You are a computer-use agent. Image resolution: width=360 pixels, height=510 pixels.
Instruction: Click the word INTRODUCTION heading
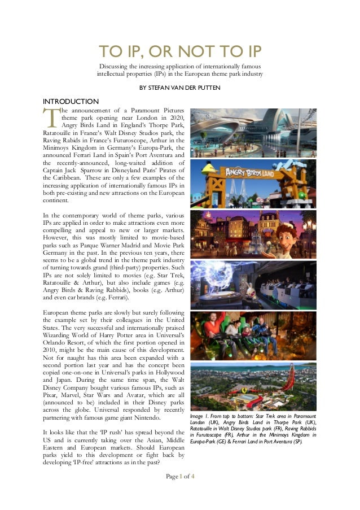point(67,101)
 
